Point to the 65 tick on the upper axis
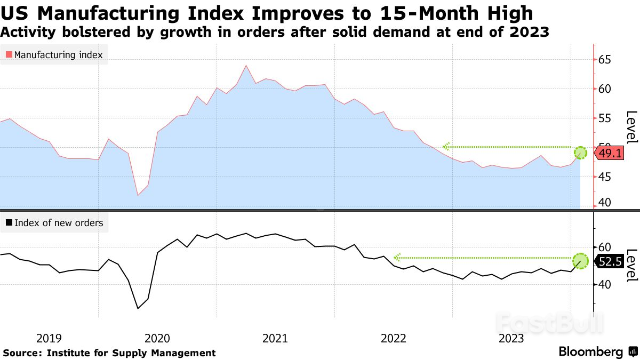tap(605, 60)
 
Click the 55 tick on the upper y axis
tap(605, 118)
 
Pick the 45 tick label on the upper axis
tap(605, 177)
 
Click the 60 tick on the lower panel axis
tap(605, 247)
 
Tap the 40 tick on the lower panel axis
tap(605, 284)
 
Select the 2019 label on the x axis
tap(49, 338)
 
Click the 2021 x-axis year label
tap(275, 338)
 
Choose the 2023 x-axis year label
tap(511, 338)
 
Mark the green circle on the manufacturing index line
tap(580, 153)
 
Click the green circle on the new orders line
tap(580, 261)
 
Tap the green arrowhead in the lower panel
tap(397, 258)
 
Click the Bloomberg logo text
tap(591, 352)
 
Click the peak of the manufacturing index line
tap(246, 66)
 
